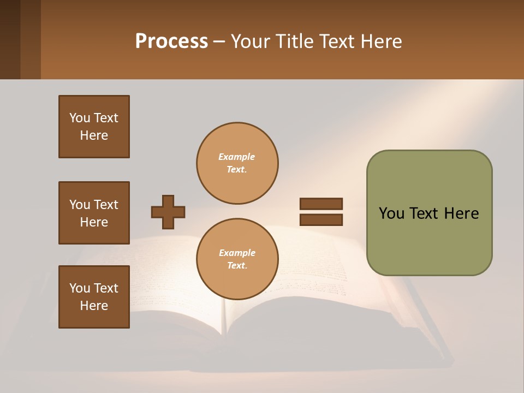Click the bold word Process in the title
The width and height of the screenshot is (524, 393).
tap(171, 41)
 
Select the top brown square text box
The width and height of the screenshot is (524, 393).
tap(94, 127)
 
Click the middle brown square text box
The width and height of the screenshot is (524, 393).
tap(94, 213)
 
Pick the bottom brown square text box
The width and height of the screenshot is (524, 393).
tap(94, 297)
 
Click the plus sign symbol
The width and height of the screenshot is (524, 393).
tap(168, 212)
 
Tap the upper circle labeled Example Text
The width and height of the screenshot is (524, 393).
tap(237, 163)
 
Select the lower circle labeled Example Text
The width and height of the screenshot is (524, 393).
tap(237, 259)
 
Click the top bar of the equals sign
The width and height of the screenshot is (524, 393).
tap(321, 204)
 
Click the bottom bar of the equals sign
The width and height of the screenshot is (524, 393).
tap(321, 220)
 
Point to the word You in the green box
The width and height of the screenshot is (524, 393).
tap(391, 213)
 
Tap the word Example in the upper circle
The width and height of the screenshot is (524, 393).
tap(237, 157)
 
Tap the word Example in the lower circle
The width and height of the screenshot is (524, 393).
tap(237, 253)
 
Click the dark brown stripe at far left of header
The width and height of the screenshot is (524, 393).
tap(10, 39)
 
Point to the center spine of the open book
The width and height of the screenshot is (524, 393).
tap(224, 317)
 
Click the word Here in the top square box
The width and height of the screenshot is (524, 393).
tap(94, 135)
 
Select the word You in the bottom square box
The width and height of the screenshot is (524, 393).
tap(80, 288)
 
